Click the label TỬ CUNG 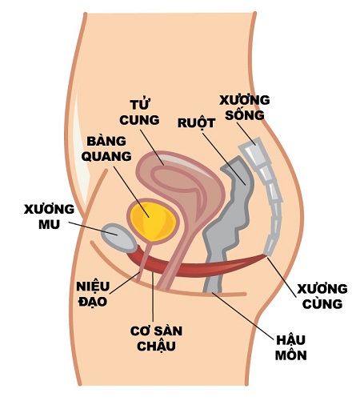pos(139,112)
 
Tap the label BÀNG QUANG pos(106,148)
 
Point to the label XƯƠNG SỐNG pos(245,107)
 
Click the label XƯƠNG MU pos(49,216)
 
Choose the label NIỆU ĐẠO pos(93,294)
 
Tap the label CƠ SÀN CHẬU pos(156,339)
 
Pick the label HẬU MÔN pos(290,348)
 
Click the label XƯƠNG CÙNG pos(322,296)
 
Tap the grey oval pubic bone pos(119,238)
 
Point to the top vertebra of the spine pos(253,152)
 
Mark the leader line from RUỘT pos(224,158)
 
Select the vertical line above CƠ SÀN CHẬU pos(153,296)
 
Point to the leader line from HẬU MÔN pos(243,316)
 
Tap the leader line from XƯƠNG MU pos(93,228)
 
